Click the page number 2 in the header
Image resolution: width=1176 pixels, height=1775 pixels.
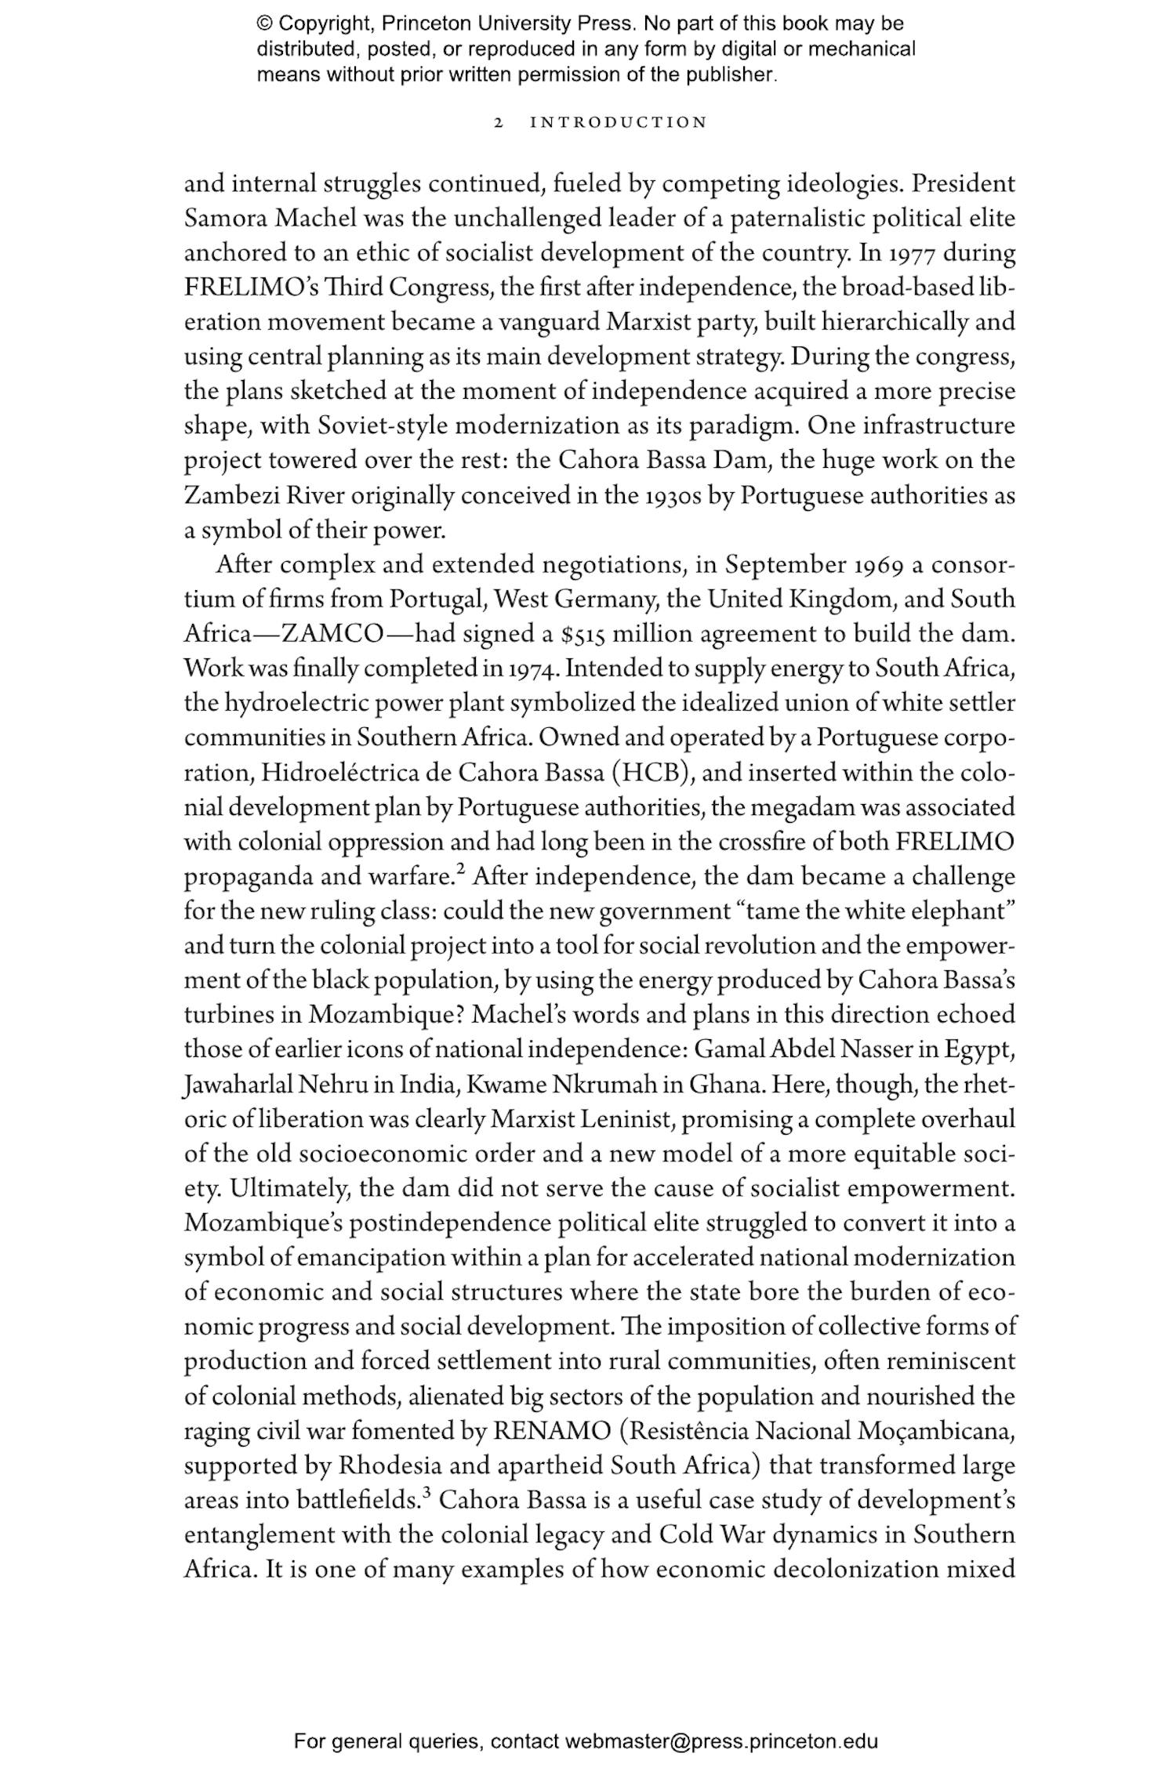(x=498, y=123)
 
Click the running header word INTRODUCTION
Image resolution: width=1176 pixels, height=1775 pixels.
(x=619, y=123)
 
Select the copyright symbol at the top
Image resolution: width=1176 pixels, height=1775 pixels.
(x=264, y=24)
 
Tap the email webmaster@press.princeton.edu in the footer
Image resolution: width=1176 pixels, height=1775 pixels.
(x=720, y=1741)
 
